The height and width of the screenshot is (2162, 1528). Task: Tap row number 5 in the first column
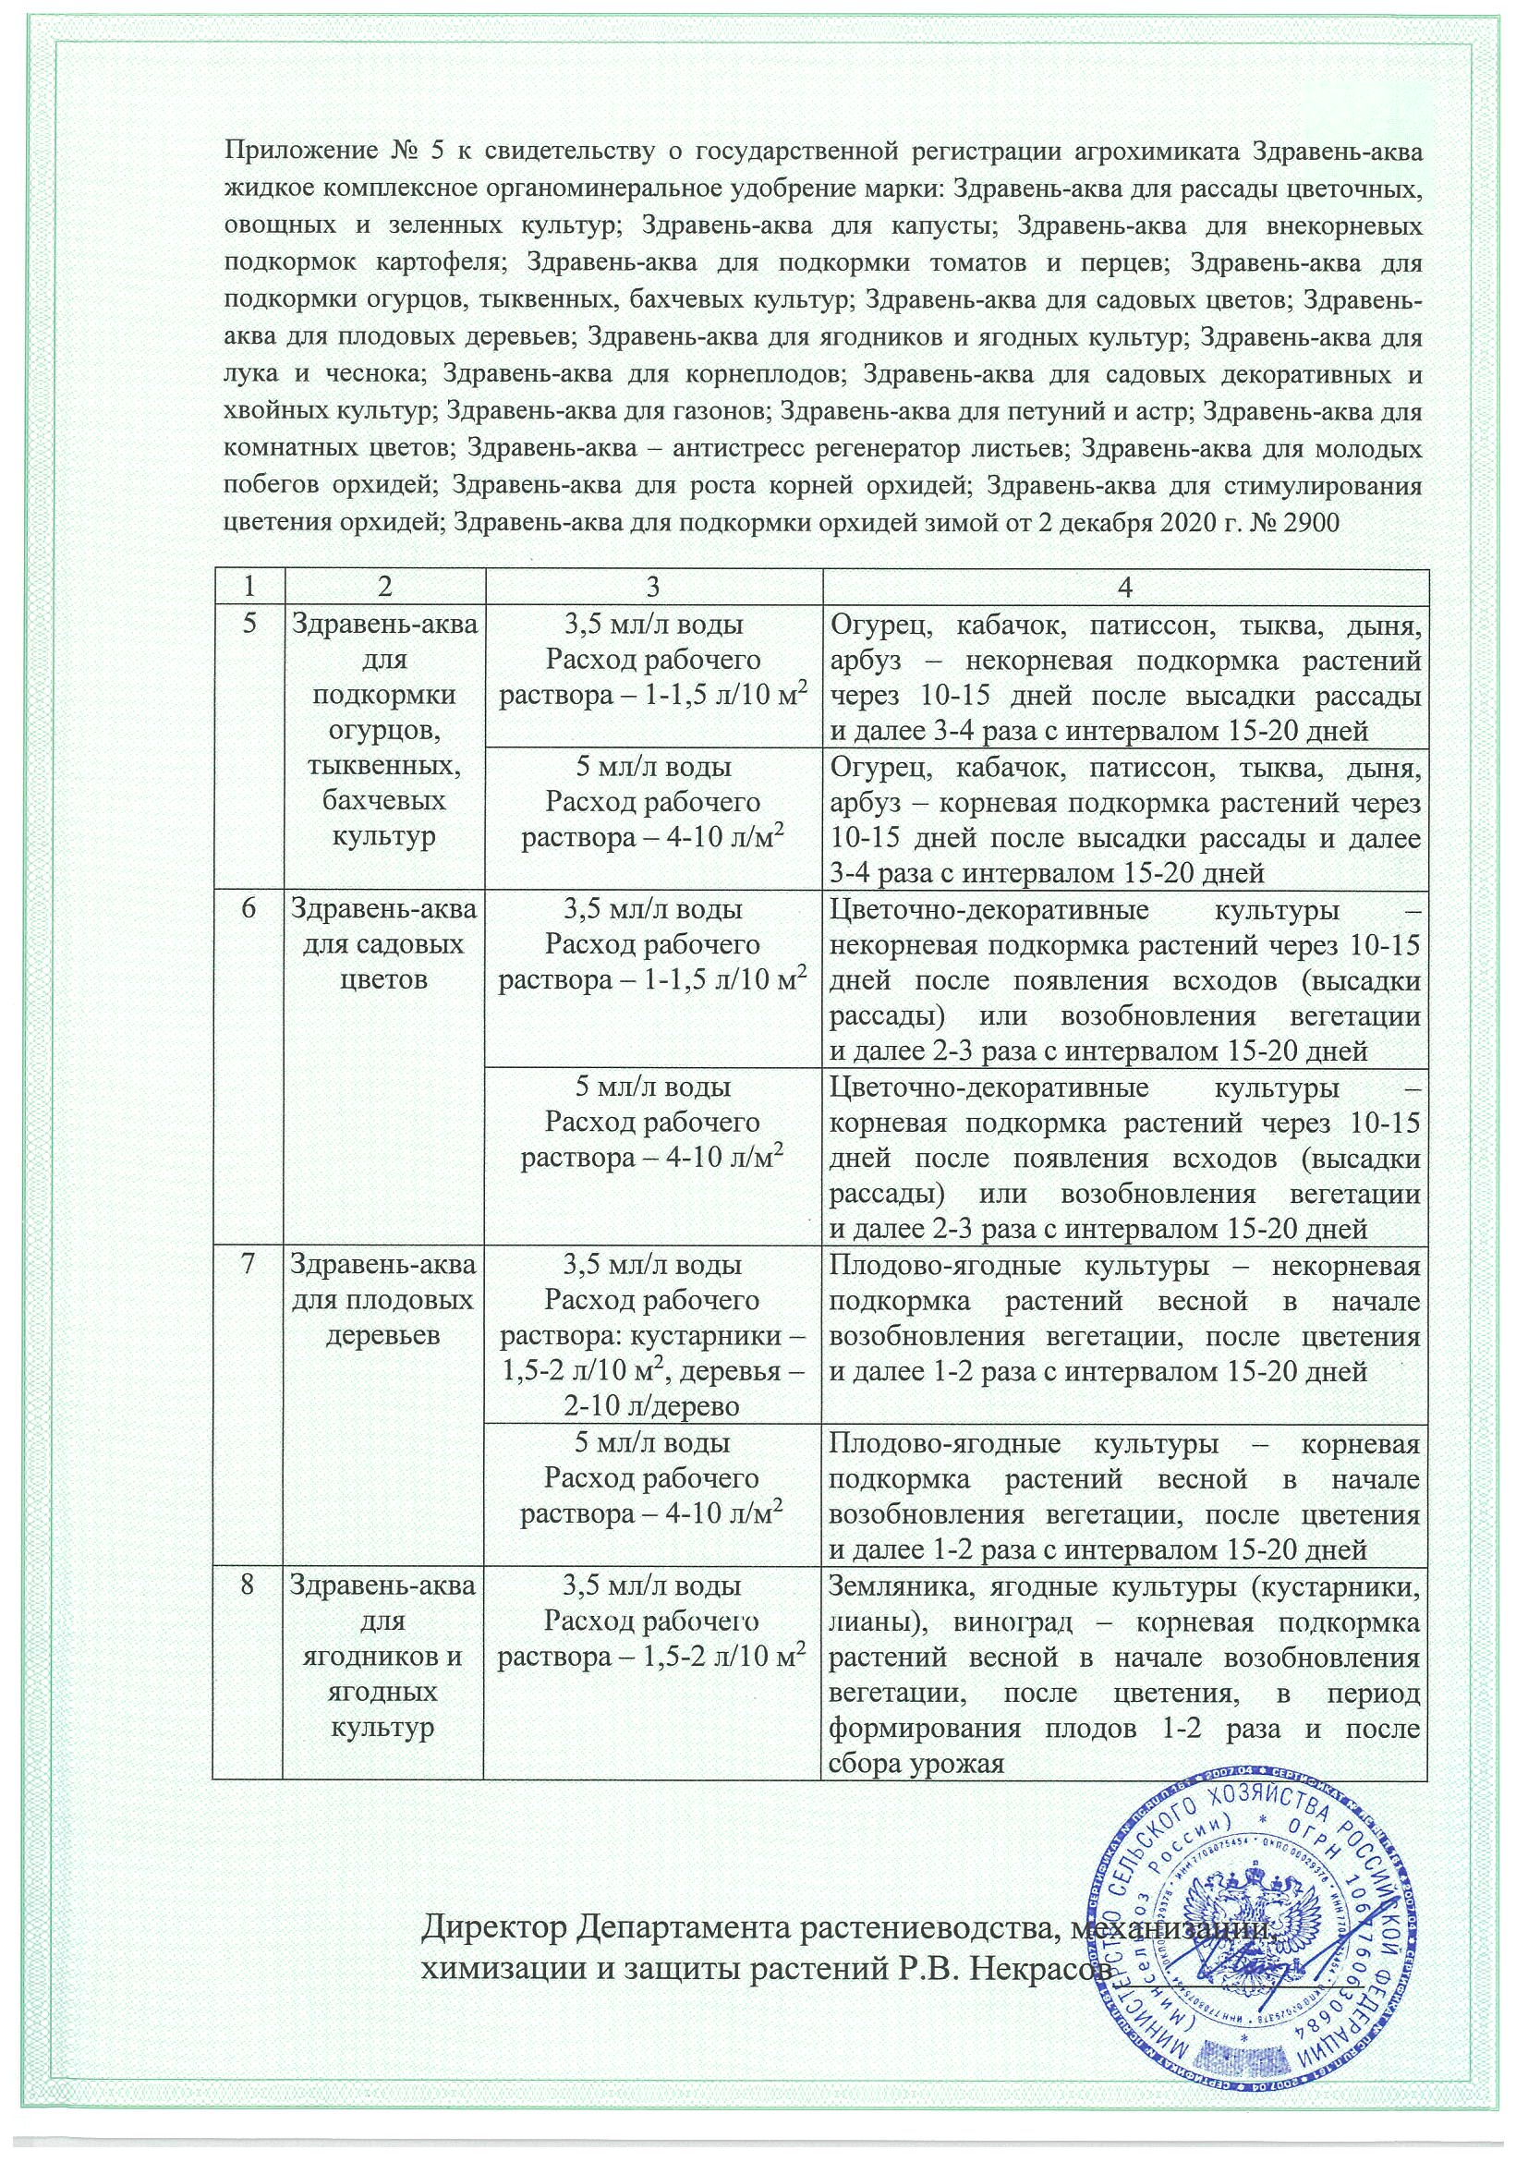click(x=249, y=624)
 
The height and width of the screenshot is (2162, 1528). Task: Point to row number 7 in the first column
click(x=249, y=1265)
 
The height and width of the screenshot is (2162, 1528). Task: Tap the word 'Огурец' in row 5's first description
click(x=882, y=624)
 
